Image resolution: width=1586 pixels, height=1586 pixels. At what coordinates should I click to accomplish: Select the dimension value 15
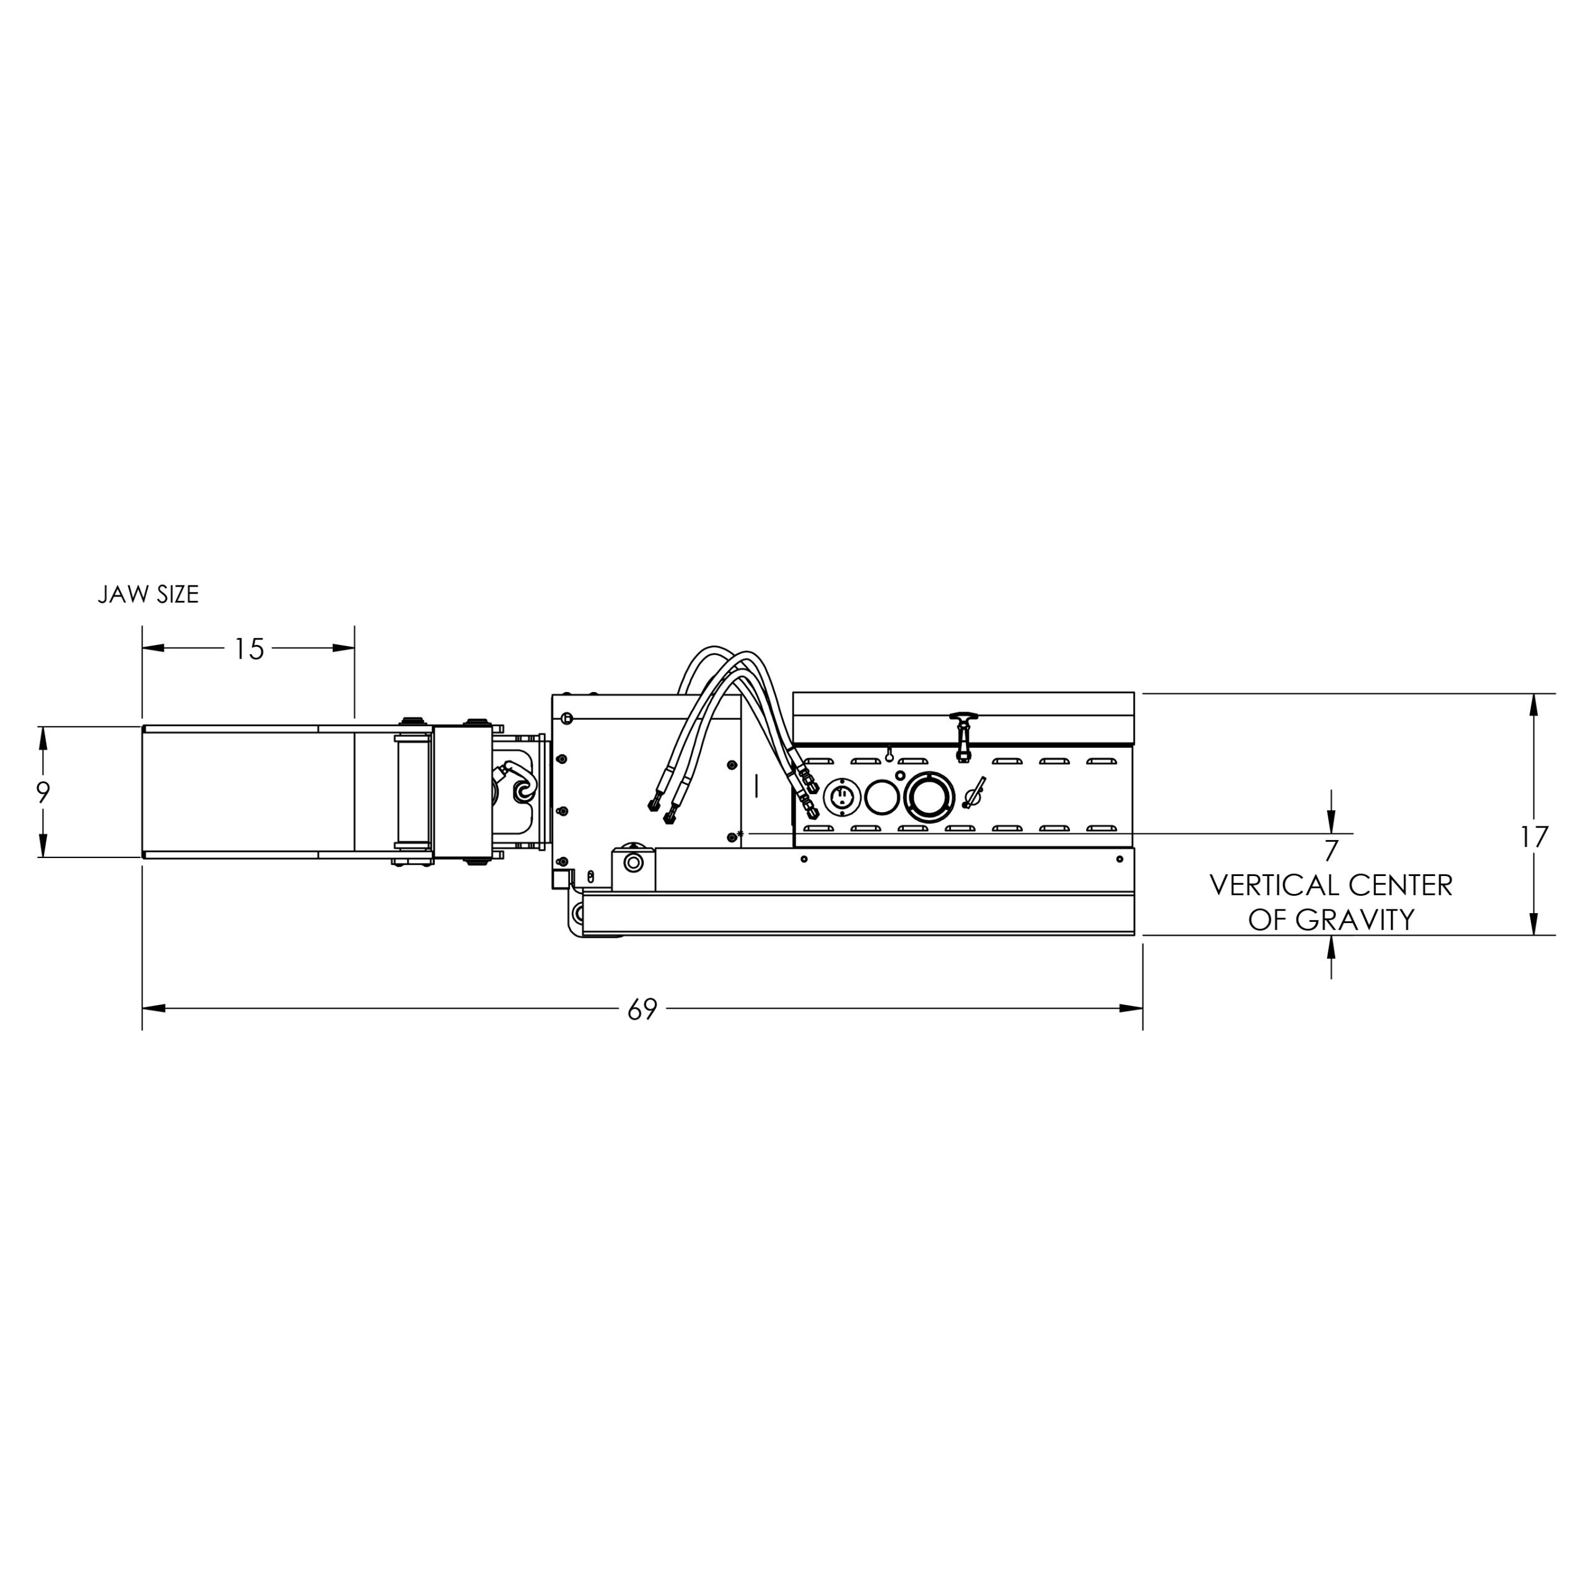248,649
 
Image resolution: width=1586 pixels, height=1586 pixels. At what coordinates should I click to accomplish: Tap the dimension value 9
43,792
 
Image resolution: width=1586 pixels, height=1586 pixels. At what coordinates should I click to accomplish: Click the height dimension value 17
1533,838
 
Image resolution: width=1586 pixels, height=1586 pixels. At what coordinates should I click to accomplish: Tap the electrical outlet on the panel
843,796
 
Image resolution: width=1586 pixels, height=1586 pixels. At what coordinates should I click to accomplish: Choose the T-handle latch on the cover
963,734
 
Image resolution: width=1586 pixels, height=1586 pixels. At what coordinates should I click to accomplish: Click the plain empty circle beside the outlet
882,796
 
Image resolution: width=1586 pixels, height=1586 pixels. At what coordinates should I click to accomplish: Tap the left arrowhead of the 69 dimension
152,1008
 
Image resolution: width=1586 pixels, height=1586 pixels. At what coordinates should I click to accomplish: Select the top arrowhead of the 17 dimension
1533,705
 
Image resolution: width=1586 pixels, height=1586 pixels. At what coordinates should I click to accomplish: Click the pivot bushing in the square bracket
633,863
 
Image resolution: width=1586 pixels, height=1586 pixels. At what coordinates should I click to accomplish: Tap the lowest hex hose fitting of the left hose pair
669,818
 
